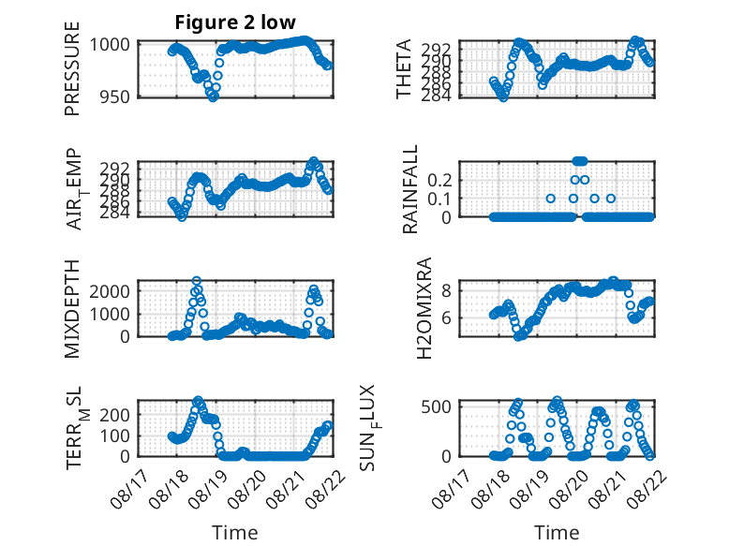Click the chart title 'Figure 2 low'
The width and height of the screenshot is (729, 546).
coord(235,22)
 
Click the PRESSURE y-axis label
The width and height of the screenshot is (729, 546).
coord(72,68)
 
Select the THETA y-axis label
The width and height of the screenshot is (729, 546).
coord(404,68)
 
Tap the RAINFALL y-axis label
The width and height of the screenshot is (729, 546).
coord(410,189)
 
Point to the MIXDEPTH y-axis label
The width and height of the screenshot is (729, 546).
coord(72,309)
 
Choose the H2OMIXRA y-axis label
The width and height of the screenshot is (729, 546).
coord(424,308)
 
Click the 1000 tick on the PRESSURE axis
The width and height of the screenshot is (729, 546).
coord(110,45)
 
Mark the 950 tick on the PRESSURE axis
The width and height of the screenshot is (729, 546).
coord(114,96)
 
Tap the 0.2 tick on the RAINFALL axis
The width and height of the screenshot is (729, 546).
coord(439,180)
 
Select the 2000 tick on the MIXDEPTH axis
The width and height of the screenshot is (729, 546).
coord(110,292)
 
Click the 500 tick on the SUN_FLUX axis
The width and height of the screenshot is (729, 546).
coord(436,407)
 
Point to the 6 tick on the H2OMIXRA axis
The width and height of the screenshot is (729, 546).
coord(446,317)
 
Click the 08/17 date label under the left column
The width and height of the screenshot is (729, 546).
coord(129,489)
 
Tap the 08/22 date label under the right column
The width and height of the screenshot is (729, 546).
coord(648,490)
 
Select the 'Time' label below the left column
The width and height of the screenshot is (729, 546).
coord(235,533)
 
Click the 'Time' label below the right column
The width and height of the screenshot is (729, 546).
coord(557,533)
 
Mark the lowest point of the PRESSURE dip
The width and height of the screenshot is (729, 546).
coord(213,97)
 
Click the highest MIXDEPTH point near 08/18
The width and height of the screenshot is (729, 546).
coord(197,281)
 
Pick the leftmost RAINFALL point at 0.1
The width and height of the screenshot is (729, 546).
coord(550,199)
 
